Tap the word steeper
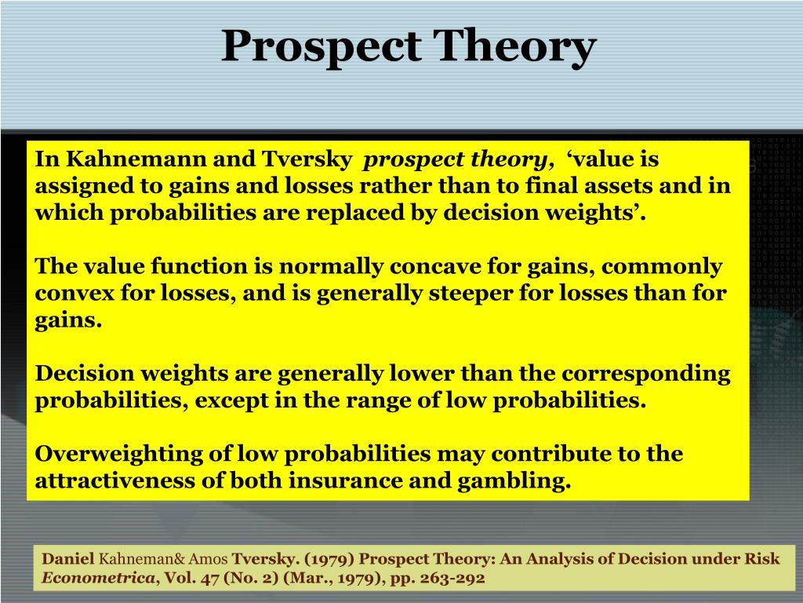[496, 294]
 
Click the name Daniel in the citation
[67, 559]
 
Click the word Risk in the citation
[765, 559]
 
